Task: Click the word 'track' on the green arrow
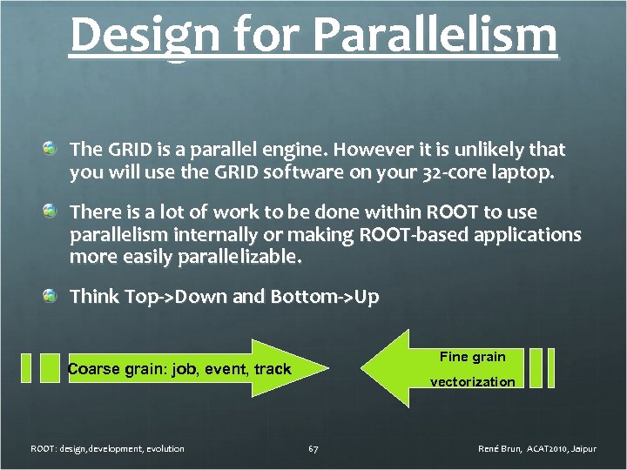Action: [272, 369]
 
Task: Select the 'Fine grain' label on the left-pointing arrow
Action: [472, 357]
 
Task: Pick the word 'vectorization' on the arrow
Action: [472, 382]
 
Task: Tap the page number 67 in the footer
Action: [313, 449]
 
